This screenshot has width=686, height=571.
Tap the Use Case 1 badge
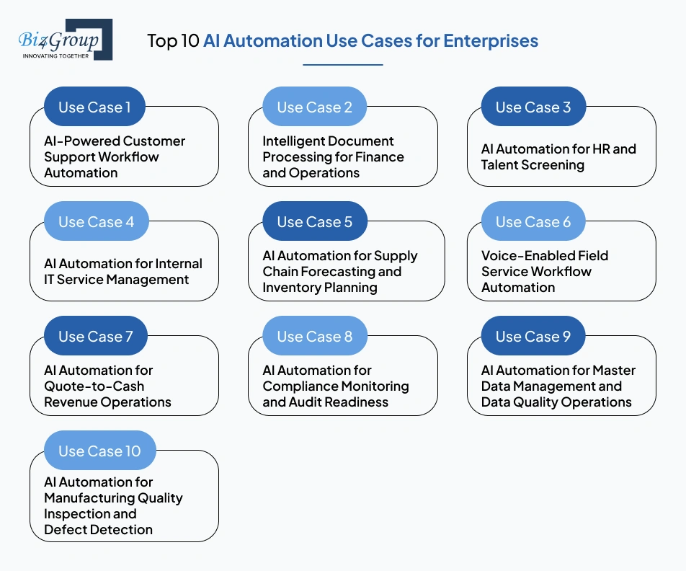[x=94, y=107]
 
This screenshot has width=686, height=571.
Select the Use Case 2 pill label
[x=314, y=107]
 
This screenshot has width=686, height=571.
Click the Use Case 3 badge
[x=533, y=107]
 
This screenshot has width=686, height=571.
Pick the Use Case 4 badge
[x=96, y=222]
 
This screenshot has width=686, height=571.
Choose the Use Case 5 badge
[x=314, y=222]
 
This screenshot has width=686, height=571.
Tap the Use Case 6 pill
[x=533, y=222]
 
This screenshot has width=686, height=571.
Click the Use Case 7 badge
[x=95, y=337]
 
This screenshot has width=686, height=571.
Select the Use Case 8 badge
[x=314, y=337]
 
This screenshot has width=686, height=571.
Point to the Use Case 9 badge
[x=533, y=337]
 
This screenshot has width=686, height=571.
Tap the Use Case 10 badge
[x=99, y=451]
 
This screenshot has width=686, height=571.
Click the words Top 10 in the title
[x=173, y=40]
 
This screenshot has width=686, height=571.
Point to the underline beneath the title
[x=342, y=65]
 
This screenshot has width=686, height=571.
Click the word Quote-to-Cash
[x=94, y=386]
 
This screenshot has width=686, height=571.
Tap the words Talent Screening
[x=533, y=165]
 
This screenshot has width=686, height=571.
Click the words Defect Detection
[x=98, y=530]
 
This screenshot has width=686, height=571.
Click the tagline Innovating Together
[x=56, y=56]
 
